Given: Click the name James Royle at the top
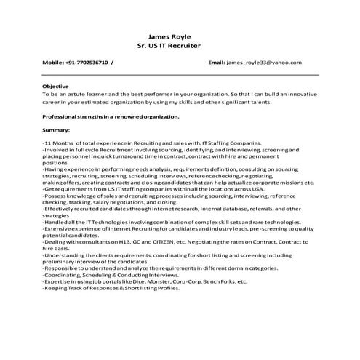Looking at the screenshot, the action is point(169,36).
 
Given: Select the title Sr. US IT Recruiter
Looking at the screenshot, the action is point(169,45).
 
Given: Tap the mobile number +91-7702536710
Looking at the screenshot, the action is point(86,63).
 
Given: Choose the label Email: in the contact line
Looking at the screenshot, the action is point(217,63).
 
